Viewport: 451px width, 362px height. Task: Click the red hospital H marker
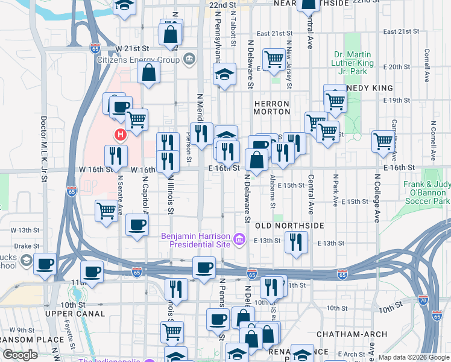pyautogui.click(x=120, y=134)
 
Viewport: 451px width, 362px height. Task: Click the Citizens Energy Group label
pyautogui.click(x=138, y=60)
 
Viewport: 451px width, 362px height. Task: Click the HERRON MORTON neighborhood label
pyautogui.click(x=272, y=108)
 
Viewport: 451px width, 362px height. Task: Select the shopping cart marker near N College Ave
pyautogui.click(x=383, y=141)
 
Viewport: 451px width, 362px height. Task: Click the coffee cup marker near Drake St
pyautogui.click(x=45, y=265)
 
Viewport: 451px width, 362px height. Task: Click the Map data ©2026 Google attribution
pyautogui.click(x=414, y=357)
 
